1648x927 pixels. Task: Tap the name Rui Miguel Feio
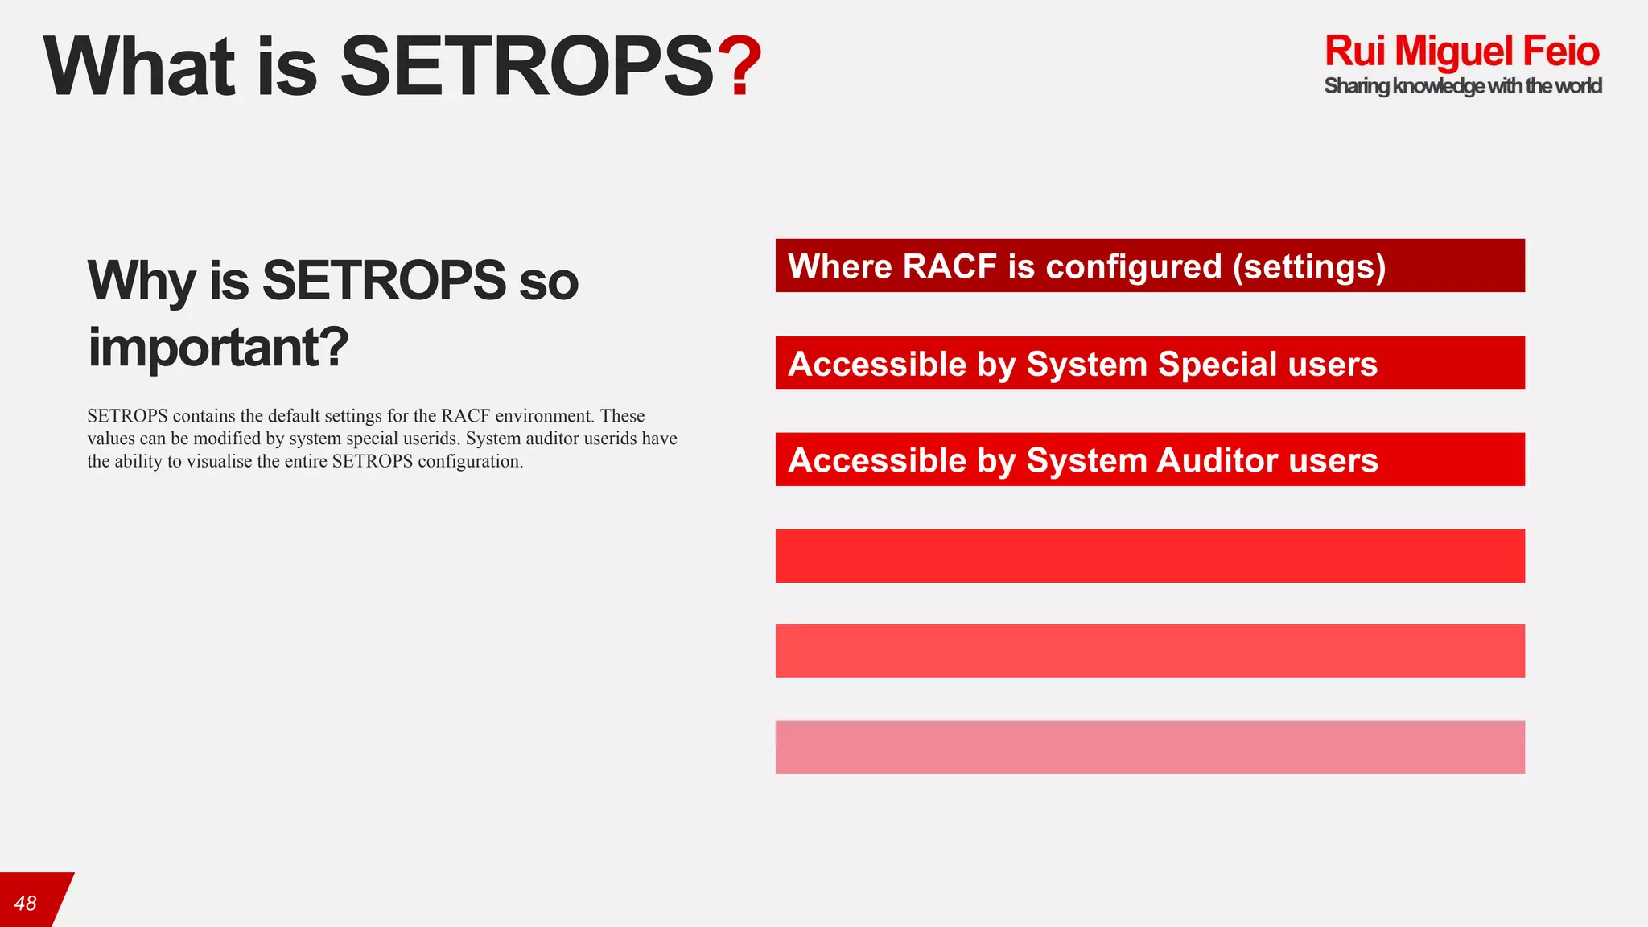point(1461,51)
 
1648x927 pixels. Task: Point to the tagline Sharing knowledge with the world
point(1462,86)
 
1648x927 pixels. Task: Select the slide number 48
point(26,903)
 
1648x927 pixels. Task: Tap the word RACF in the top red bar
point(949,266)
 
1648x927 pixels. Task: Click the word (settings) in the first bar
point(1308,266)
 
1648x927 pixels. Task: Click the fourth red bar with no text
point(1150,556)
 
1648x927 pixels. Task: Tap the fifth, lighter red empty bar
point(1150,650)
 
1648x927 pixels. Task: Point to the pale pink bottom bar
point(1150,747)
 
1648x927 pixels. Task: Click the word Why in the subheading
point(142,281)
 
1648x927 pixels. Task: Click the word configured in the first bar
point(1133,266)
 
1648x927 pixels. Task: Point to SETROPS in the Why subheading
point(384,281)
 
